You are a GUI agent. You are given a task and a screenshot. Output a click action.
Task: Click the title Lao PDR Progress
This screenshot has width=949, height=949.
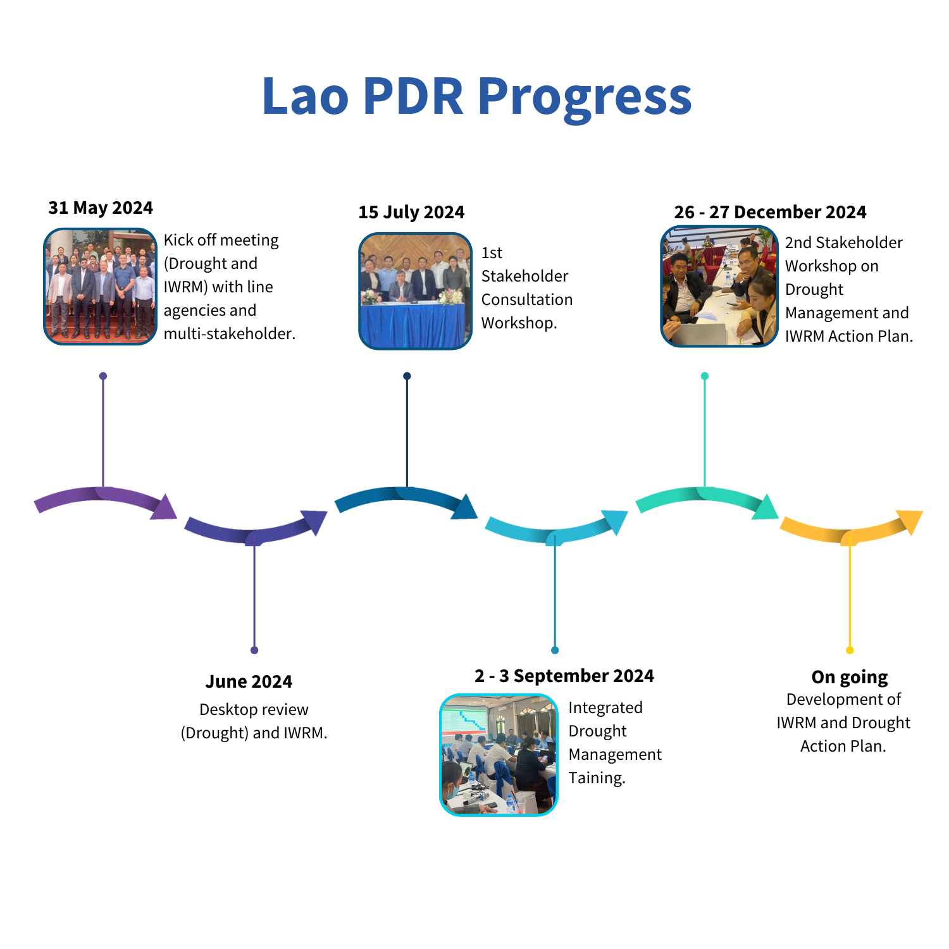(477, 96)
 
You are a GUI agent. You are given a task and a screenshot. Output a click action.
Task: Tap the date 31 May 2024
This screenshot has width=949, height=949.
(101, 208)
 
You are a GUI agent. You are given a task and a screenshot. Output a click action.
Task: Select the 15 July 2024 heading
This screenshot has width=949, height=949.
(411, 212)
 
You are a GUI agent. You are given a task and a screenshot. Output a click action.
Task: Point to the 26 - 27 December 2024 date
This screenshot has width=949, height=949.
(770, 212)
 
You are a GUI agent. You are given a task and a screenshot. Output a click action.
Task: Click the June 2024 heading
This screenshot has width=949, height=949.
(249, 681)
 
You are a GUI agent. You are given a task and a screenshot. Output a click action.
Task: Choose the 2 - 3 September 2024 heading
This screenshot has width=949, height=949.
(564, 676)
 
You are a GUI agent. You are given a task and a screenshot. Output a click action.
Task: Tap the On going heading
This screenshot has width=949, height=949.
(850, 678)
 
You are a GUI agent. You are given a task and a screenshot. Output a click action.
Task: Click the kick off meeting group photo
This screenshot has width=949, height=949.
(100, 287)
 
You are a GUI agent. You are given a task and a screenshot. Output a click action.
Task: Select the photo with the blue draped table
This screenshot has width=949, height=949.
(415, 291)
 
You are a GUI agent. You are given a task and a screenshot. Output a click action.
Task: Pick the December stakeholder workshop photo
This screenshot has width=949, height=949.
(719, 287)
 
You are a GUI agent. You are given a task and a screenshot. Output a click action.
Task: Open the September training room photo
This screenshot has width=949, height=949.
(499, 755)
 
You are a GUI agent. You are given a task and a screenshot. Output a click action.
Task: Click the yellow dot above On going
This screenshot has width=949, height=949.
(850, 650)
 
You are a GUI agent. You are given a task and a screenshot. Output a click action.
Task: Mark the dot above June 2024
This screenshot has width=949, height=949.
(254, 650)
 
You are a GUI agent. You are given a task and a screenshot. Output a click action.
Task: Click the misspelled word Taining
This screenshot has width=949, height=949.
(597, 778)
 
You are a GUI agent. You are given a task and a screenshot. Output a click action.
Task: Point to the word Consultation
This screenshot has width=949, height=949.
(527, 299)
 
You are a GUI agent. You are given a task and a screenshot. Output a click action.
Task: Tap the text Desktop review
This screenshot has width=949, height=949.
(254, 709)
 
